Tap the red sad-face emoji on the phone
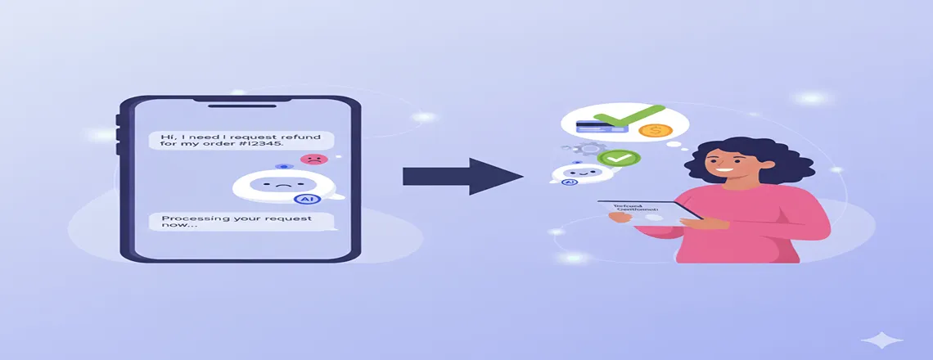point(311,159)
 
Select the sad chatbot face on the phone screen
point(280,185)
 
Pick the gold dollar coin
point(654,131)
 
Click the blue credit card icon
point(592,127)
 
